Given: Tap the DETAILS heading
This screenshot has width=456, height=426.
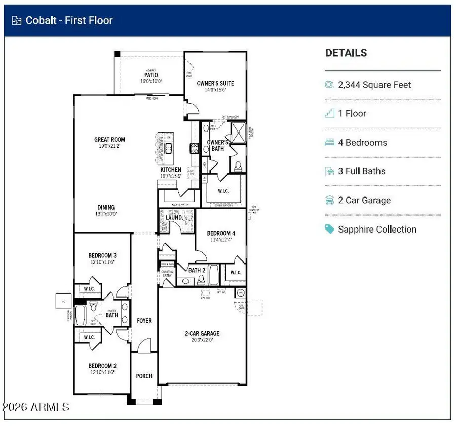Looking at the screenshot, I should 346,53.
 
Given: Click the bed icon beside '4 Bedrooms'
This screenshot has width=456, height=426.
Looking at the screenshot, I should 329,143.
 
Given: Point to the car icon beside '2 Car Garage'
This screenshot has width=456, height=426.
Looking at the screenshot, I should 329,200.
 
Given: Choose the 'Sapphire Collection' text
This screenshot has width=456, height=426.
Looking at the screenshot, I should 377,230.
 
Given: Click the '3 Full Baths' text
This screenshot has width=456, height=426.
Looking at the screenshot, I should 361,171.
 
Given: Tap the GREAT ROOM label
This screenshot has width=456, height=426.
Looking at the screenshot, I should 109,140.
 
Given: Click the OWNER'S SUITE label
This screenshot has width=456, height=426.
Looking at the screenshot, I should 215,83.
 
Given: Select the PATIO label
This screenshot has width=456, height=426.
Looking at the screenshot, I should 151,75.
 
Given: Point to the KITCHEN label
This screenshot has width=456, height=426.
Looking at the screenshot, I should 171,170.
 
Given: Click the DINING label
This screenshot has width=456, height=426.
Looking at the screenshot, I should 106,207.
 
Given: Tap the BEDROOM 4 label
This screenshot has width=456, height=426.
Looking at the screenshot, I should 221,234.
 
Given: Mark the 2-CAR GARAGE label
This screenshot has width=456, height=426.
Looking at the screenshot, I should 202,334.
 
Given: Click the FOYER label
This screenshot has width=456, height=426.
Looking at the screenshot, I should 144,321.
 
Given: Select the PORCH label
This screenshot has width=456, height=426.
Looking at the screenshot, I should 144,376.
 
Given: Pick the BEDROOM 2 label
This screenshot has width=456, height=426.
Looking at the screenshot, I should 103,366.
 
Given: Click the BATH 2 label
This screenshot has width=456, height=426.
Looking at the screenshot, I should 197,270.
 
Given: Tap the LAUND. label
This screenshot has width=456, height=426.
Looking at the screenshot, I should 173,218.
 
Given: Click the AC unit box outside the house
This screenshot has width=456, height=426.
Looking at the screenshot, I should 63,301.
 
